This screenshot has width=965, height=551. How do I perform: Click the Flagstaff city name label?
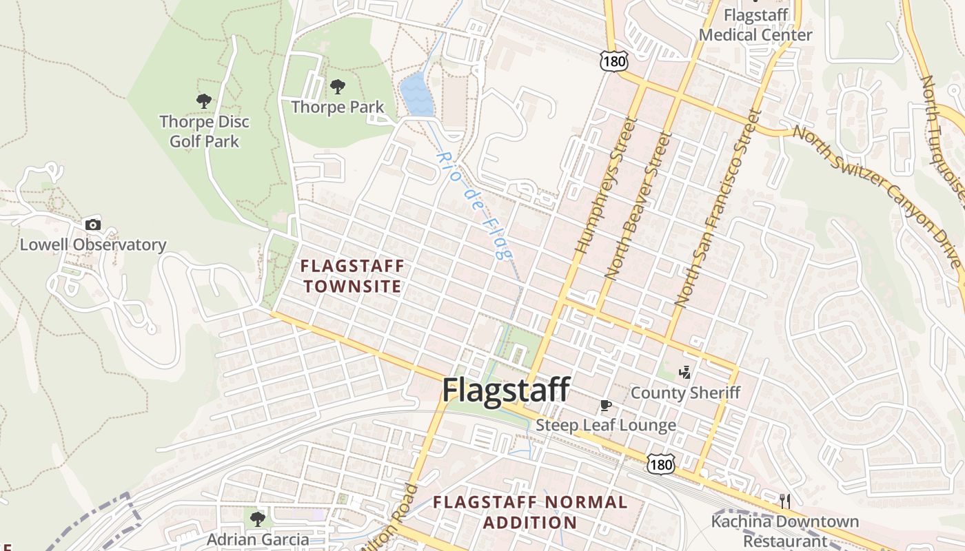pyautogui.click(x=505, y=390)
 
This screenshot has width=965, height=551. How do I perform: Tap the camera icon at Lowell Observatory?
pyautogui.click(x=92, y=225)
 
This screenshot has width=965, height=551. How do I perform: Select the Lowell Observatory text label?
pyautogui.click(x=92, y=245)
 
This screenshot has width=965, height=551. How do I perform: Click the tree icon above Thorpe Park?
pyautogui.click(x=337, y=87)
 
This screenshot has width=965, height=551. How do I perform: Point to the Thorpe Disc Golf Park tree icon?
pyautogui.click(x=203, y=101)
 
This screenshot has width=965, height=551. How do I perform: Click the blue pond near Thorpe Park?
pyautogui.click(x=416, y=96)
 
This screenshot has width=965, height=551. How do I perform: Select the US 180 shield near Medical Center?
pyautogui.click(x=613, y=62)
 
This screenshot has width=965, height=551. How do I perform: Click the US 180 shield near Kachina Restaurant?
pyautogui.click(x=660, y=465)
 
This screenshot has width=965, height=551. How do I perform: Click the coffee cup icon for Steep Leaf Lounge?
pyautogui.click(x=606, y=406)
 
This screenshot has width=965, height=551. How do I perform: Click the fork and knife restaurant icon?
pyautogui.click(x=784, y=501)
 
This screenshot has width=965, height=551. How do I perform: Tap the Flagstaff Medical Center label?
pyautogui.click(x=755, y=25)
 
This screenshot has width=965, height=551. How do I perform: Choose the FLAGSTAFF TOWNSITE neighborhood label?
pyautogui.click(x=352, y=275)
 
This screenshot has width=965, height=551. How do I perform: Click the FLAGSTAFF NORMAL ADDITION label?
pyautogui.click(x=530, y=512)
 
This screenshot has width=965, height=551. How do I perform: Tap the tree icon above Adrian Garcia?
pyautogui.click(x=258, y=518)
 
